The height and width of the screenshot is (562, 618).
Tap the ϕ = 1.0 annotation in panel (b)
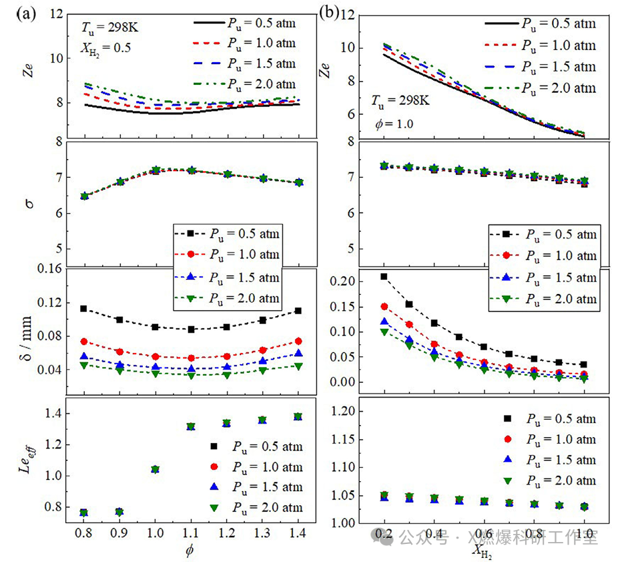[392, 124]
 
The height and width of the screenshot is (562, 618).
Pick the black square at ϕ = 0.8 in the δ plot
[84, 309]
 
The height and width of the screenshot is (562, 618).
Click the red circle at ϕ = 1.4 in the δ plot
[298, 341]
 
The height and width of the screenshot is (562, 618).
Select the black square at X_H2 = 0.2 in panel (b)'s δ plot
[384, 277]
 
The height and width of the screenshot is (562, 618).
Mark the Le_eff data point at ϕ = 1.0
[156, 469]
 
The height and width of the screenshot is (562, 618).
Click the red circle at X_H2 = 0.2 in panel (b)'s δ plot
[384, 307]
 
